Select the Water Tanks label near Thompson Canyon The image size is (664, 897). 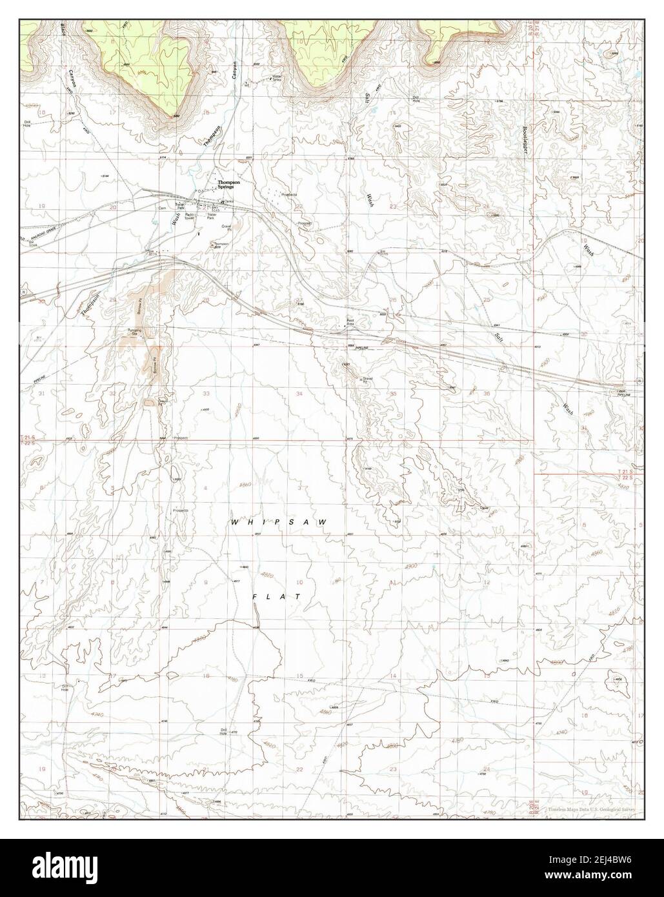click(277, 77)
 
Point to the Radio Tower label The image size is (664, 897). click(190, 217)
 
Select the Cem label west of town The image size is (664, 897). click(163, 208)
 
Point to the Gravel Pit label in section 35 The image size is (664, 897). click(368, 380)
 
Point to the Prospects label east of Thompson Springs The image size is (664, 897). click(288, 194)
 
